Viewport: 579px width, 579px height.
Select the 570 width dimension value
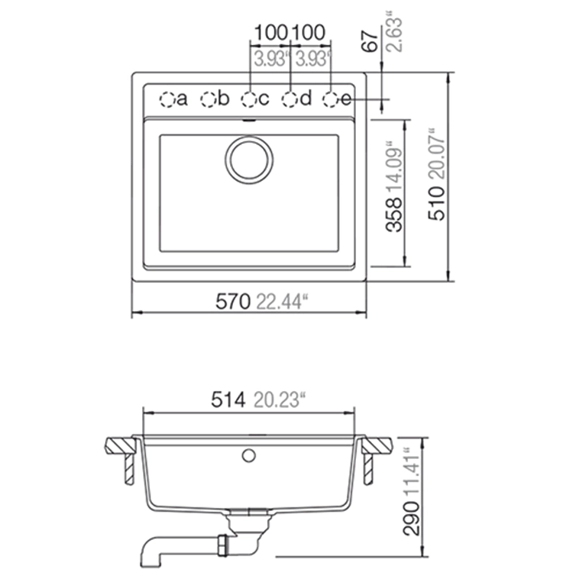click(232, 302)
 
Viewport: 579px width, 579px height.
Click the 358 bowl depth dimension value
click(394, 215)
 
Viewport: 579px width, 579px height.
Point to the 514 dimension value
click(228, 400)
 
